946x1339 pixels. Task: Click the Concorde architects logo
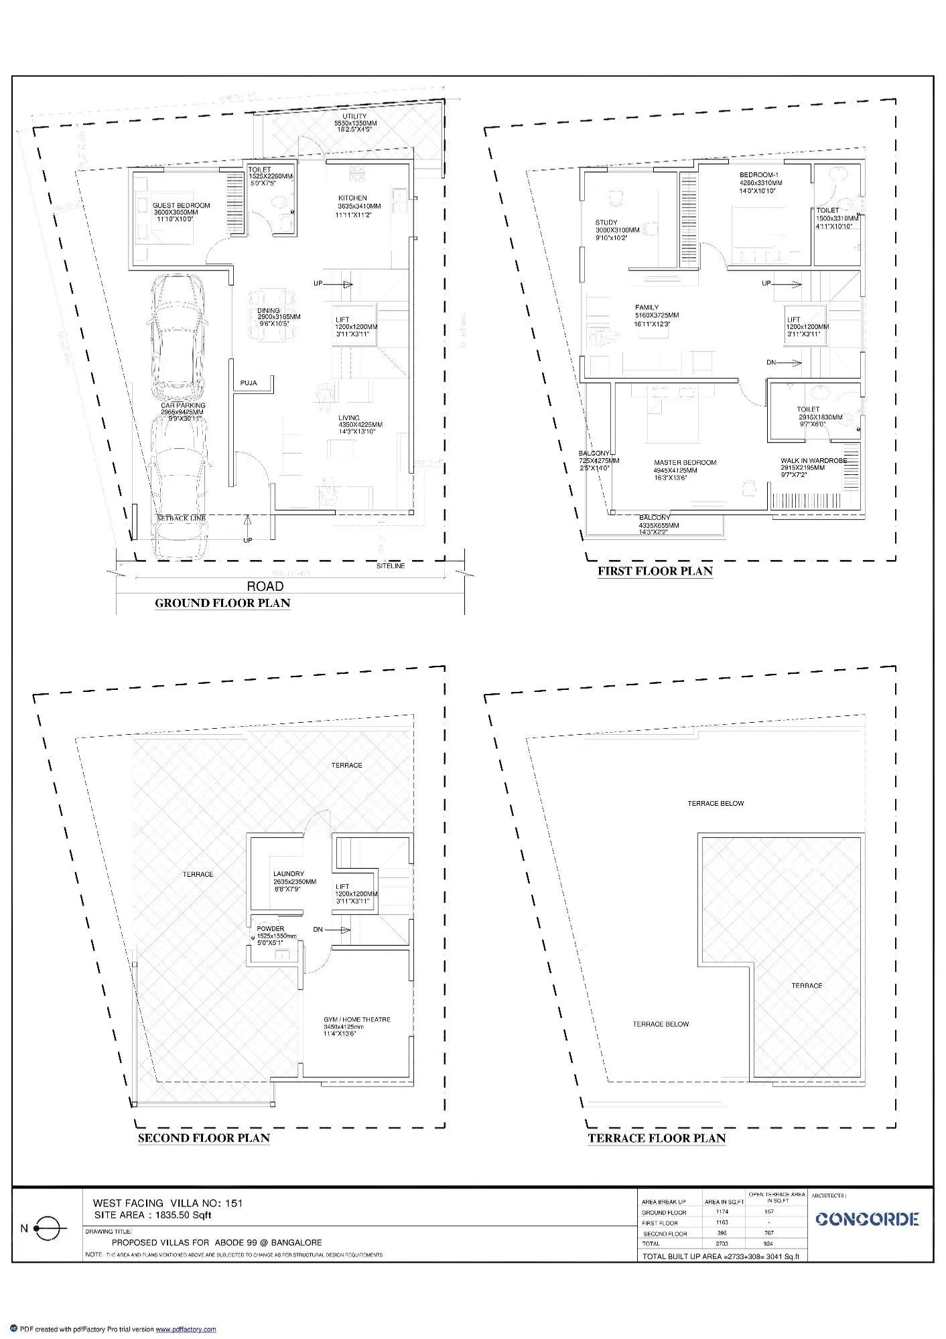pyautogui.click(x=867, y=1219)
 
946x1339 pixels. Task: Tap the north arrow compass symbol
pyautogui.click(x=48, y=1228)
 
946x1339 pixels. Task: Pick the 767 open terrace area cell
pyautogui.click(x=768, y=1232)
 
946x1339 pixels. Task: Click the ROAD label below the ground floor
pyautogui.click(x=265, y=586)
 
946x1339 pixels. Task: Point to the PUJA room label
pyautogui.click(x=249, y=383)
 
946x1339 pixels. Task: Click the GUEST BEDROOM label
pyautogui.click(x=181, y=206)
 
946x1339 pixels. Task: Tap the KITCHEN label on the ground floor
pyautogui.click(x=352, y=198)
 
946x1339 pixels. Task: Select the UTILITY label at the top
pyautogui.click(x=354, y=117)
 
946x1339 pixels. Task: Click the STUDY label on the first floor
pyautogui.click(x=606, y=222)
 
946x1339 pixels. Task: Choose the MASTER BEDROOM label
pyautogui.click(x=685, y=462)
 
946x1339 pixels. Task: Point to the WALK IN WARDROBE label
pyautogui.click(x=813, y=461)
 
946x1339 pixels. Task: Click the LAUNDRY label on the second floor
pyautogui.click(x=288, y=874)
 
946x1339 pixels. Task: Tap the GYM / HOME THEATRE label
pyautogui.click(x=356, y=1019)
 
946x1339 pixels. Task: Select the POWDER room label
pyautogui.click(x=270, y=929)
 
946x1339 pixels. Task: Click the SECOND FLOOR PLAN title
pyautogui.click(x=204, y=1137)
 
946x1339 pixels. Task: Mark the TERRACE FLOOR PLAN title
pyautogui.click(x=657, y=1137)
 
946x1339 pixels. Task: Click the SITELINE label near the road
pyautogui.click(x=390, y=566)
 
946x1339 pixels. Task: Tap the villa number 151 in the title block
pyautogui.click(x=233, y=1203)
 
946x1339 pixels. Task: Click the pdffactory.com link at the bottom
pyautogui.click(x=186, y=1329)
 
